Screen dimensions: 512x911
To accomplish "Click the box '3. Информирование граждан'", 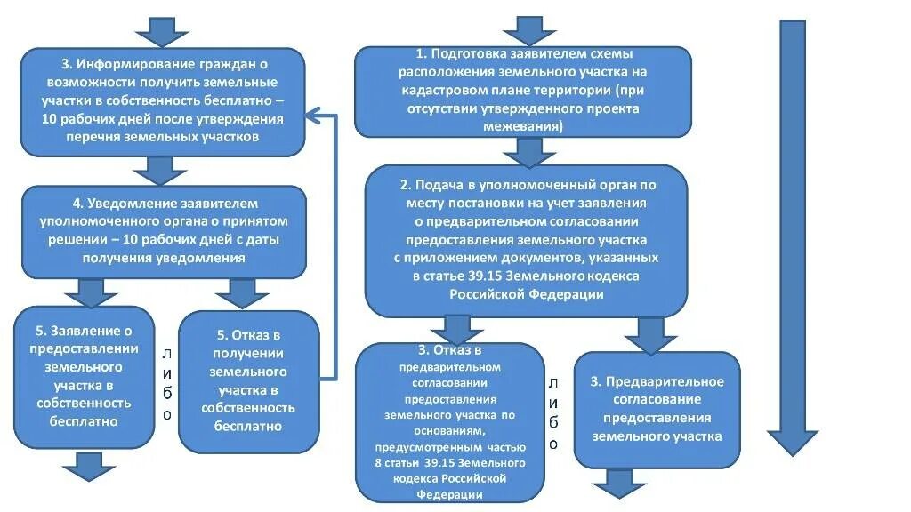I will pos(163,100).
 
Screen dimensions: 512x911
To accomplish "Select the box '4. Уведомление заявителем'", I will pos(163,230).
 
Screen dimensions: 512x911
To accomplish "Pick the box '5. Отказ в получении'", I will pos(248,380).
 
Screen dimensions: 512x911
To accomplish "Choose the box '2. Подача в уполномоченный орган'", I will pos(527,240).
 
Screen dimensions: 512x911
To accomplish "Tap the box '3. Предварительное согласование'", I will pos(657,409).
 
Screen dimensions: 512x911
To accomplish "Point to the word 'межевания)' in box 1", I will pos(523,126).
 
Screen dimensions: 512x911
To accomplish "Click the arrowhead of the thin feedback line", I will pos(314,115).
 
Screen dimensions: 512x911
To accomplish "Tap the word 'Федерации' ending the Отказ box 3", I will pos(451,495).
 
